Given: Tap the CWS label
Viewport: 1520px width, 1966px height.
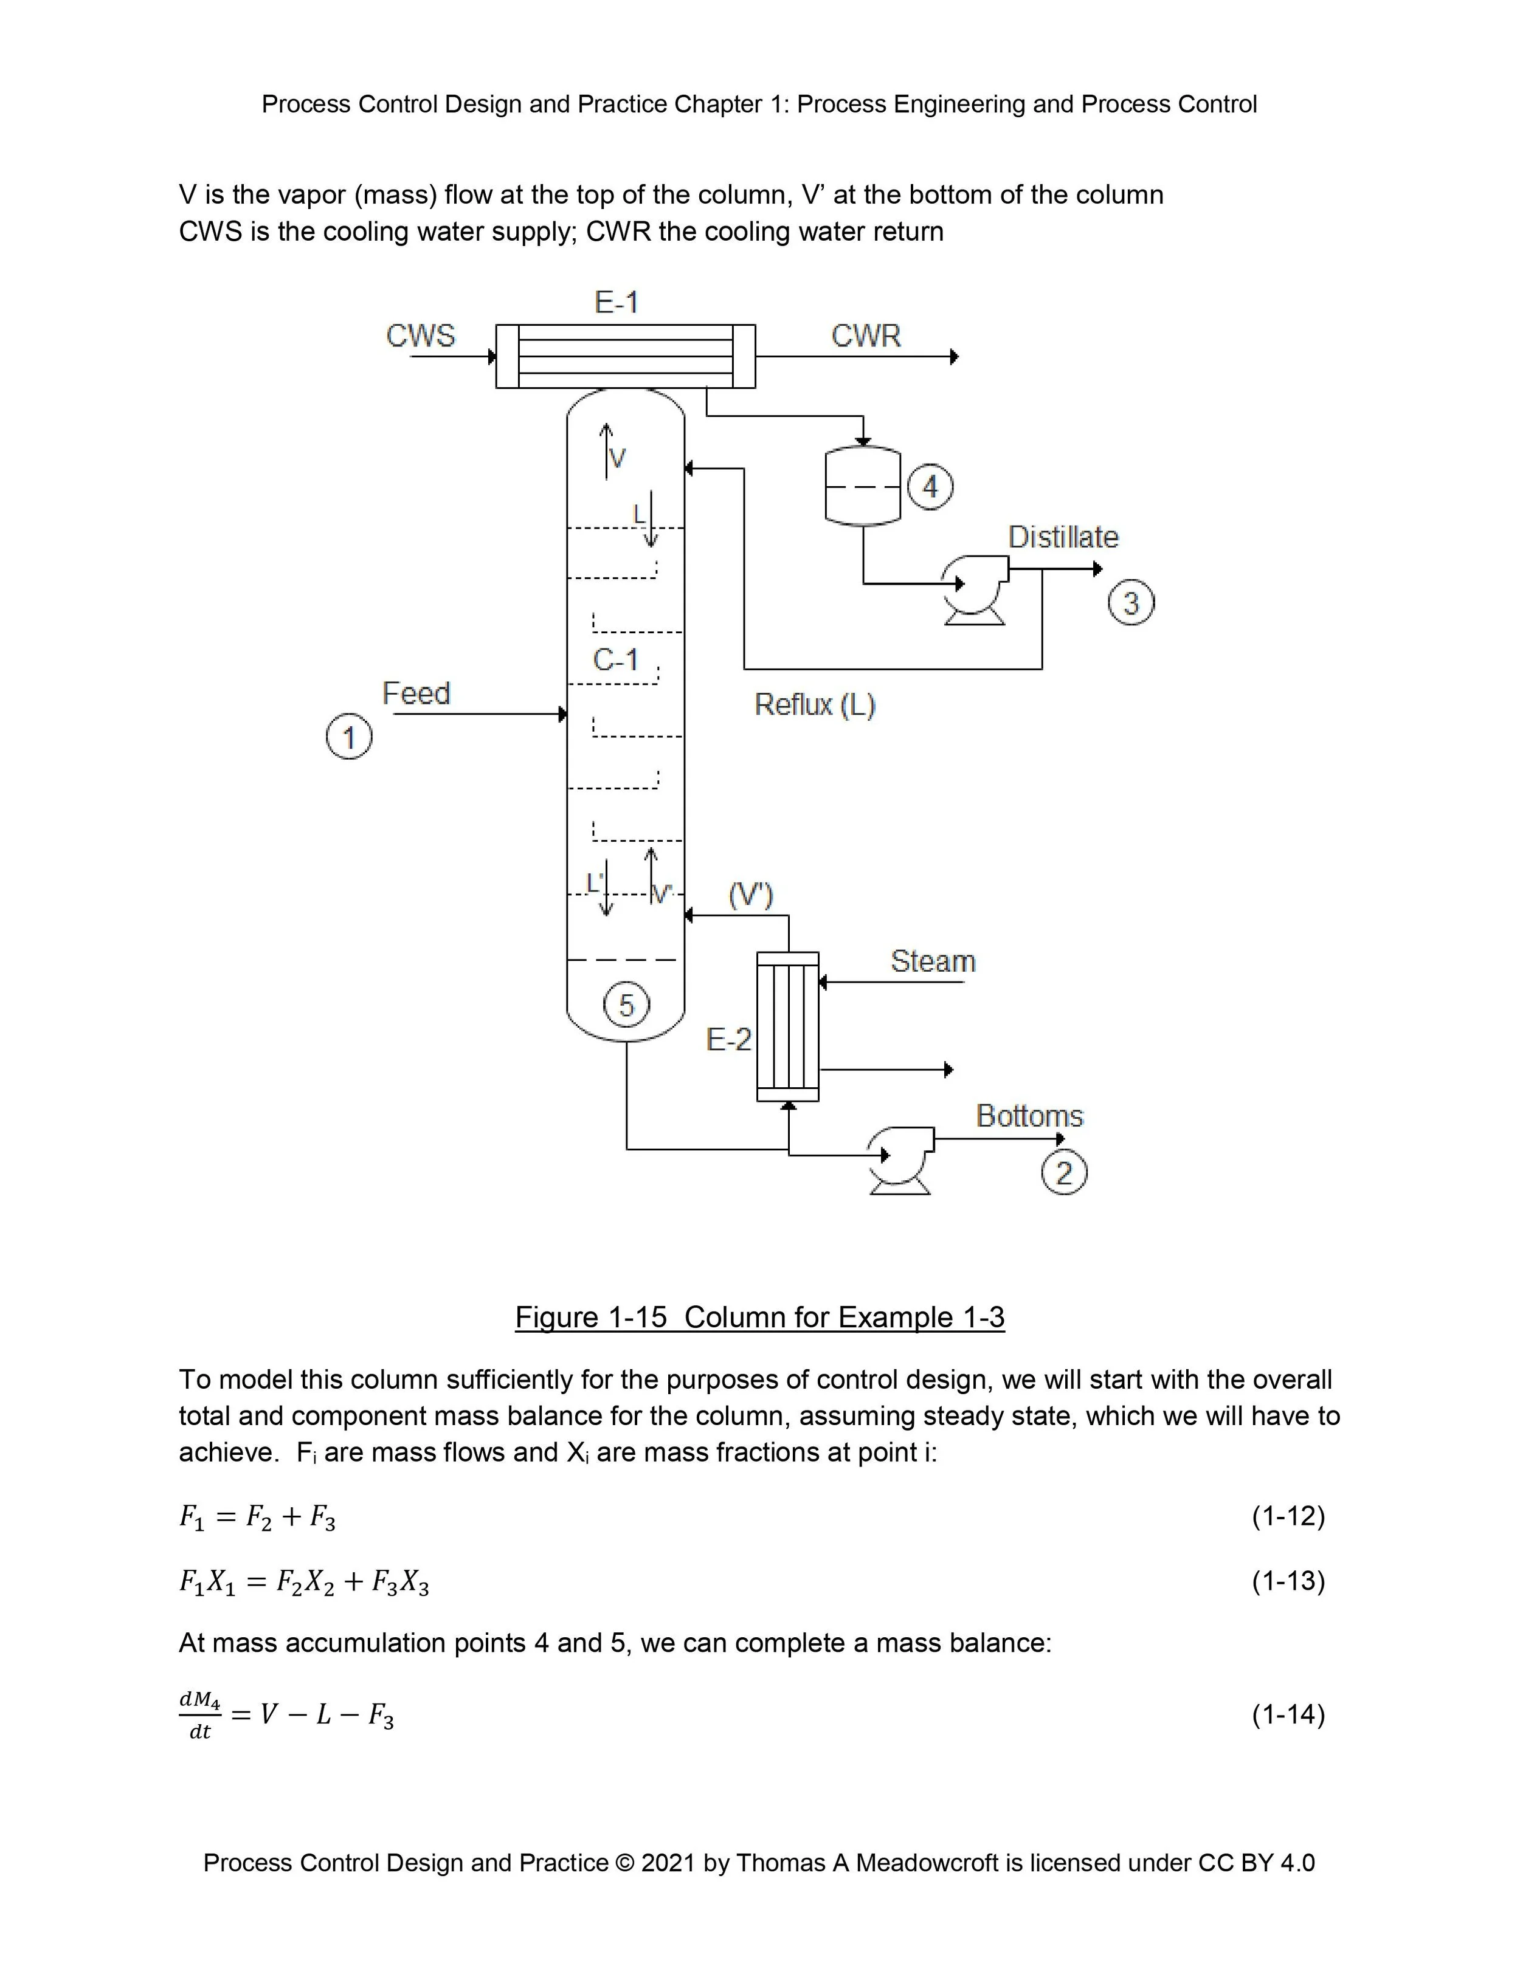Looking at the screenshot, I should pos(421,335).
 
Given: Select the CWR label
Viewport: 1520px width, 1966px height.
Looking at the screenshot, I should pos(865,335).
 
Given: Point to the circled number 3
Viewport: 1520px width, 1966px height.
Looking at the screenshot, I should pos(1131,602).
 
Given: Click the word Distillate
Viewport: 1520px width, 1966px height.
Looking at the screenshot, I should pos(1063,537).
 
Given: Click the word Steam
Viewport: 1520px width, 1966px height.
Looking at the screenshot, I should pos(933,961).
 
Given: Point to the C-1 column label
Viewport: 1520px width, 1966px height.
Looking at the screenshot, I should pos(616,660).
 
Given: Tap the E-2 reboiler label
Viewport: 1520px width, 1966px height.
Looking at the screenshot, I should pos(728,1040).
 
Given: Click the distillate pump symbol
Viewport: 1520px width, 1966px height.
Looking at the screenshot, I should pos(974,587).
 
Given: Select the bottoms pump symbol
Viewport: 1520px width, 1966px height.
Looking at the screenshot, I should pos(900,1158).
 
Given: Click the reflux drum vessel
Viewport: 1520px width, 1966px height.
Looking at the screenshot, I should pos(863,486).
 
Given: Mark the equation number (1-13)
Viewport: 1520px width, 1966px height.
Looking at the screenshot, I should pos(1288,1582).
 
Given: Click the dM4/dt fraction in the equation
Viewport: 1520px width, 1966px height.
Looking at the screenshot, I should pos(200,1715).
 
